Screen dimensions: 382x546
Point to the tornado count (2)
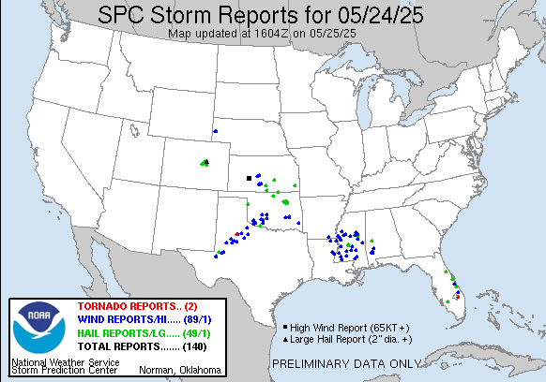coord(190,306)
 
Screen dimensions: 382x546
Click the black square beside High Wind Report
coord(283,327)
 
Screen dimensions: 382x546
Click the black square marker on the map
coord(249,178)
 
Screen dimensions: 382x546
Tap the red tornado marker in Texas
coord(237,234)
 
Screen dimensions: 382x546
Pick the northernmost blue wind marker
coord(215,132)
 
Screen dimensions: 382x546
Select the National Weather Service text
coord(66,360)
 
